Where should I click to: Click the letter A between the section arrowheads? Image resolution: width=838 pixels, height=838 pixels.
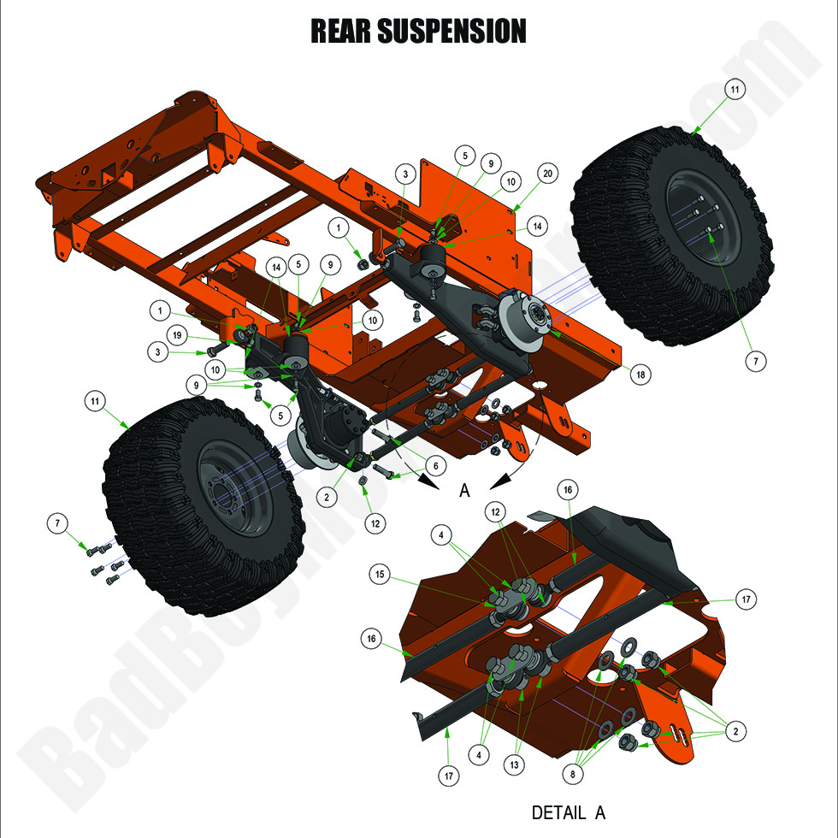point(465,490)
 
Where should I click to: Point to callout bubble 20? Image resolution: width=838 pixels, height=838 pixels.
point(548,173)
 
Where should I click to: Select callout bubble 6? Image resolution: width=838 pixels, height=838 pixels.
point(435,465)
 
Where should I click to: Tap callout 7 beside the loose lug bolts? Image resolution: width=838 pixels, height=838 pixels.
point(57,522)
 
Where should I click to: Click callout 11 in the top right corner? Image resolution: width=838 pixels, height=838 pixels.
point(736,88)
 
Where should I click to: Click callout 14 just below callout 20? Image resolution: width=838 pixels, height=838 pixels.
point(537,227)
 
